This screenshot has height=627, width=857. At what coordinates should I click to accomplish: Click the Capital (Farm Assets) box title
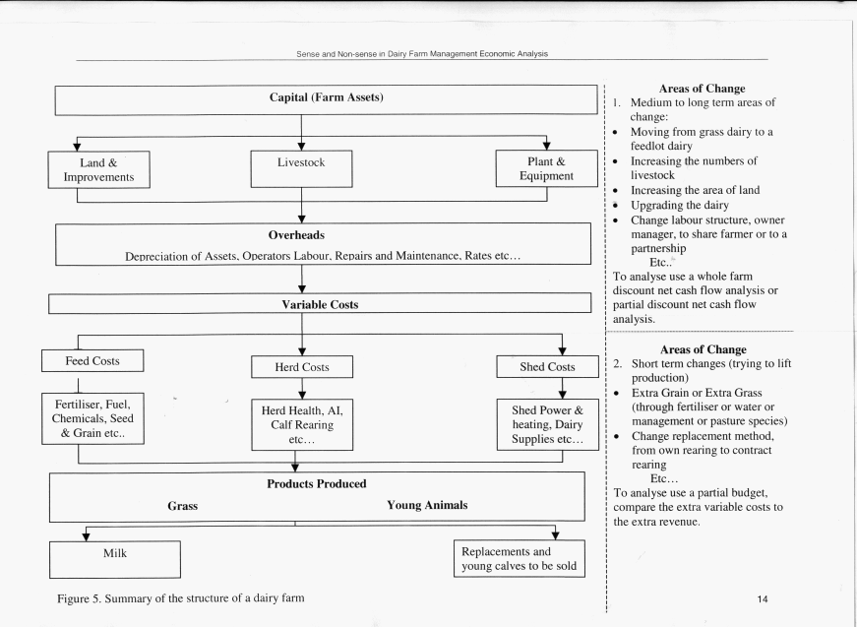[x=327, y=97]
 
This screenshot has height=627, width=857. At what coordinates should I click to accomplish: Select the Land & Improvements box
[x=99, y=169]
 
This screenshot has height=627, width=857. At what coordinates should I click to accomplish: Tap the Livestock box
[x=302, y=169]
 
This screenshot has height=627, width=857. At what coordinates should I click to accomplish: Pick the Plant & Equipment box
[x=546, y=168]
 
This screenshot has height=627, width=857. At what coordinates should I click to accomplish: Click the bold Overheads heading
[x=296, y=235]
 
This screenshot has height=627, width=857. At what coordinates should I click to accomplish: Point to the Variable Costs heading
[x=321, y=304]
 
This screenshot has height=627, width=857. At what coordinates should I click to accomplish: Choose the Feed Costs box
[x=92, y=361]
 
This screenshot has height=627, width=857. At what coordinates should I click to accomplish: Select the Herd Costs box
[x=302, y=367]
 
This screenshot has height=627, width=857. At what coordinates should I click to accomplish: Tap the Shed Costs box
[x=548, y=366]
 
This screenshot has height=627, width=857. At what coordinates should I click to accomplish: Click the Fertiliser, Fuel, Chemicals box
[x=92, y=418]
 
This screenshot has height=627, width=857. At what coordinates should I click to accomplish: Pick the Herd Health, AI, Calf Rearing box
[x=302, y=425]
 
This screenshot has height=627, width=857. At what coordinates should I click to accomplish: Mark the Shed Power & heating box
[x=548, y=425]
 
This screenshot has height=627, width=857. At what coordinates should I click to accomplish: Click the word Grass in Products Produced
[x=183, y=506]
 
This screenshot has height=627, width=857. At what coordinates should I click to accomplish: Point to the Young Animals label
[x=427, y=505]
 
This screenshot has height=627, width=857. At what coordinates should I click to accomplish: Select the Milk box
[x=115, y=559]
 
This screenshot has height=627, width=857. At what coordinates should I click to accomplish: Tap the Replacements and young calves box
[x=520, y=559]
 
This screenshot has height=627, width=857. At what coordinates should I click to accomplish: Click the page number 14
[x=763, y=599]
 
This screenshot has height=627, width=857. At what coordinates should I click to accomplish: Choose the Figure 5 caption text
[x=181, y=598]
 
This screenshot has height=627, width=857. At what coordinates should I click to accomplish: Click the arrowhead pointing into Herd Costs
[x=302, y=351]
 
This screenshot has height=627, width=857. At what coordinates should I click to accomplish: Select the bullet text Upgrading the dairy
[x=680, y=205]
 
